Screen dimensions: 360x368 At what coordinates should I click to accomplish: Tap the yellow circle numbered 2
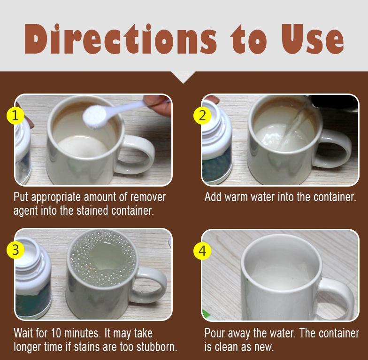click(202, 115)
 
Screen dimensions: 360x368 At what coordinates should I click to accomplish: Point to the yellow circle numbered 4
click(202, 250)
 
